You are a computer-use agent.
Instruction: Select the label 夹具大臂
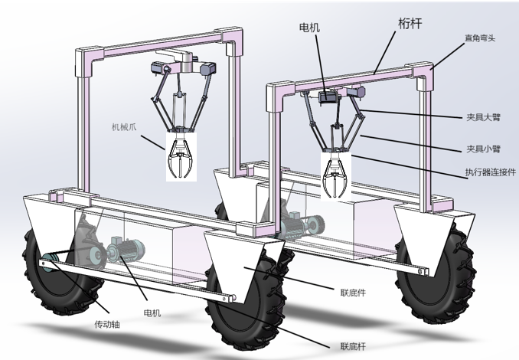482,119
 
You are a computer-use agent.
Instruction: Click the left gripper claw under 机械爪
181,157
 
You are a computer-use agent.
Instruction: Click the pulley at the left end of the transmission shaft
51,261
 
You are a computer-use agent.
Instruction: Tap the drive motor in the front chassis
128,248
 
